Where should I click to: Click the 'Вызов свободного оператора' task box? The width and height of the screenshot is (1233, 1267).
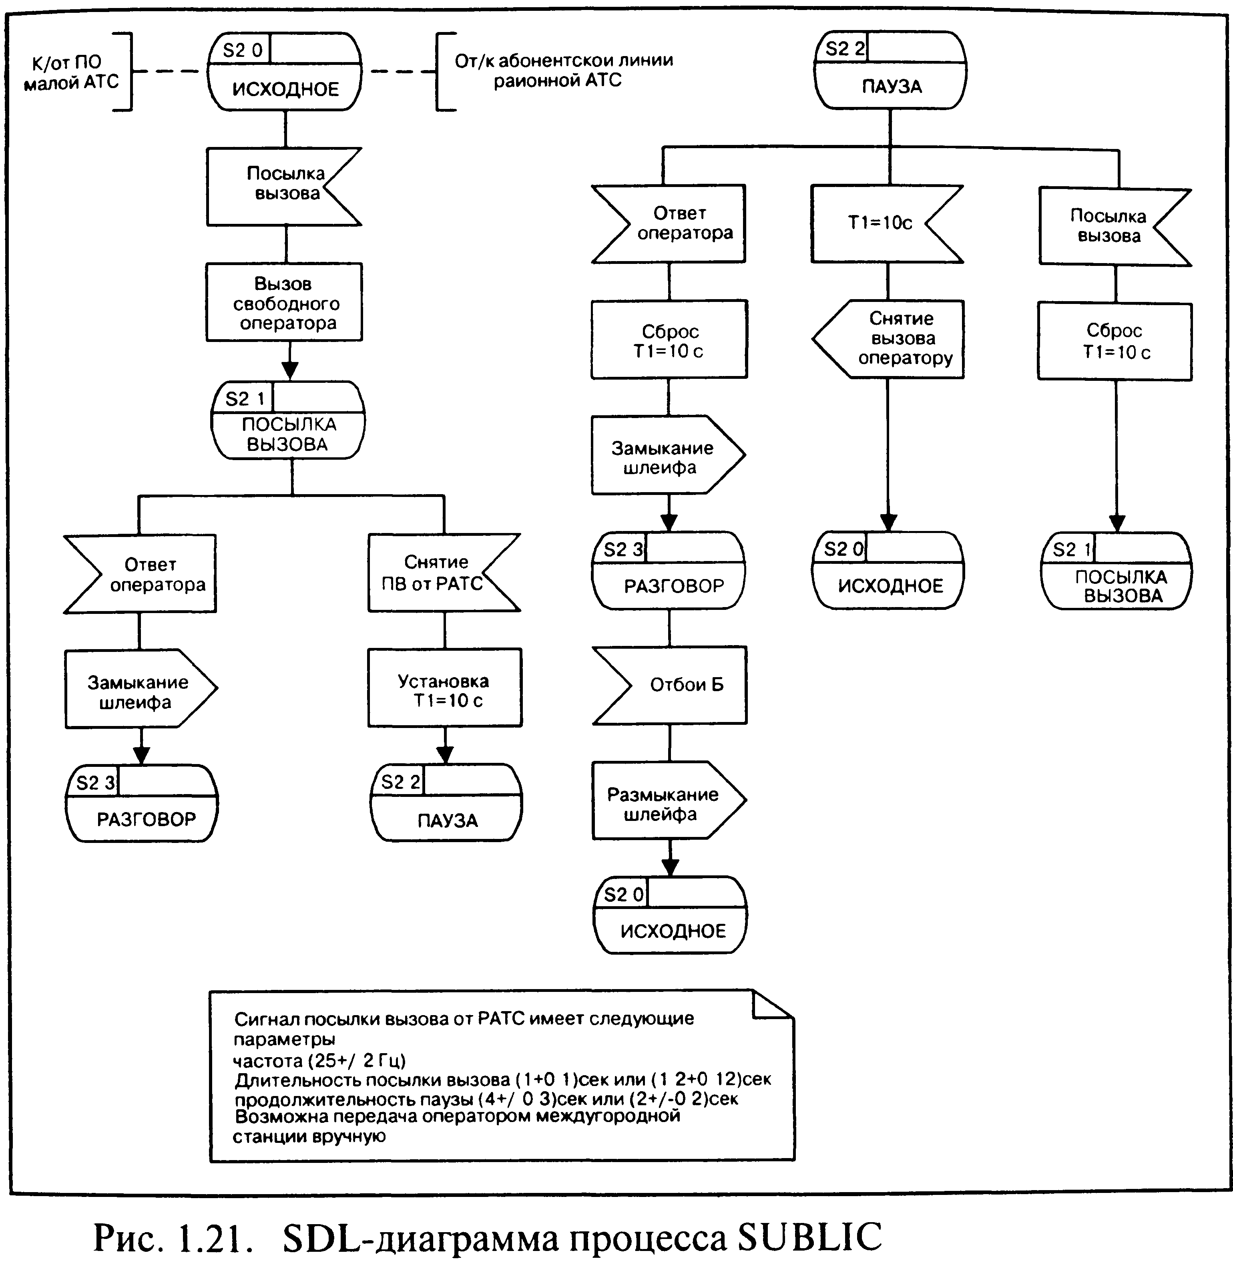[x=284, y=302]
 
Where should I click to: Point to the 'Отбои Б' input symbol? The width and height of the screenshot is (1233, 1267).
[x=670, y=685]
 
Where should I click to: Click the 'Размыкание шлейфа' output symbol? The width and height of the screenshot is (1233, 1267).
[x=669, y=800]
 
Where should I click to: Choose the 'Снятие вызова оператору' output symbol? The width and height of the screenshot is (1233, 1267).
[x=888, y=339]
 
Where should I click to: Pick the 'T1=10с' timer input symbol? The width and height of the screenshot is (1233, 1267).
[x=887, y=223]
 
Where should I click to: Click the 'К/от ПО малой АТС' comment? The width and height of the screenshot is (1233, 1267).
[x=71, y=72]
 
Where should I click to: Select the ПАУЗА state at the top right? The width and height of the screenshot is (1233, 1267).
[x=890, y=70]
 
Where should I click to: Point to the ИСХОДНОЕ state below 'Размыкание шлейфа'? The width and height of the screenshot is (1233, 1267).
[x=670, y=915]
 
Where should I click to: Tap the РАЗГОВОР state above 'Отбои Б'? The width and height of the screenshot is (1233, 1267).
[x=669, y=570]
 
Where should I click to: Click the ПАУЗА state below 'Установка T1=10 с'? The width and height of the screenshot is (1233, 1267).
[x=446, y=802]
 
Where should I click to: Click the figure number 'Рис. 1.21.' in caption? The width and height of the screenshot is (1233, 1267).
[x=172, y=1237]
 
